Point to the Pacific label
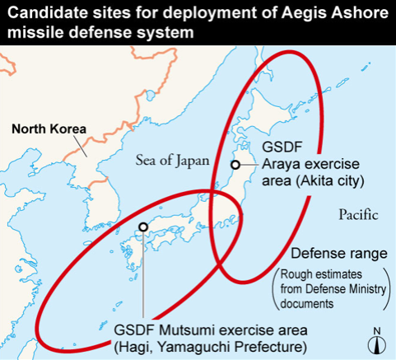[x=358, y=215]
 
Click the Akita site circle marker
[x=235, y=165]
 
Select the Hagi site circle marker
[x=143, y=227]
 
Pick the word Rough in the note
[x=296, y=274]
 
